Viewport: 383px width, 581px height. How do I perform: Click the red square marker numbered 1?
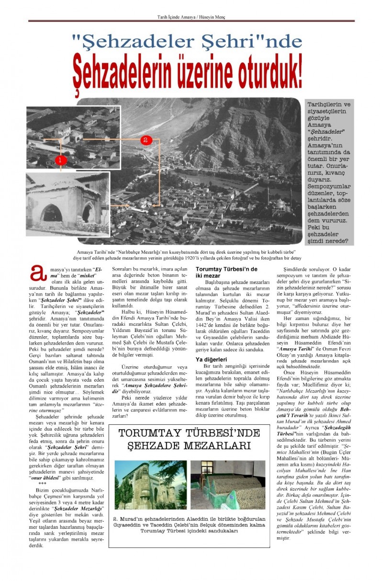(60, 160)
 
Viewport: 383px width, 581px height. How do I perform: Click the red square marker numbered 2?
(146, 140)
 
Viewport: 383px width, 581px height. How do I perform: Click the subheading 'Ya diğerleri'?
(211, 359)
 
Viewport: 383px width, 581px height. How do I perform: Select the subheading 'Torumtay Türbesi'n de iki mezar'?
(226, 273)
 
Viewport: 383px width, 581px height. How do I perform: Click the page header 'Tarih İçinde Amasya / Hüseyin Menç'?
(191, 17)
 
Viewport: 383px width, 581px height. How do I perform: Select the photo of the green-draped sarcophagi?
(228, 485)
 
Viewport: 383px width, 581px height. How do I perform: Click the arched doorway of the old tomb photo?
(52, 212)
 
